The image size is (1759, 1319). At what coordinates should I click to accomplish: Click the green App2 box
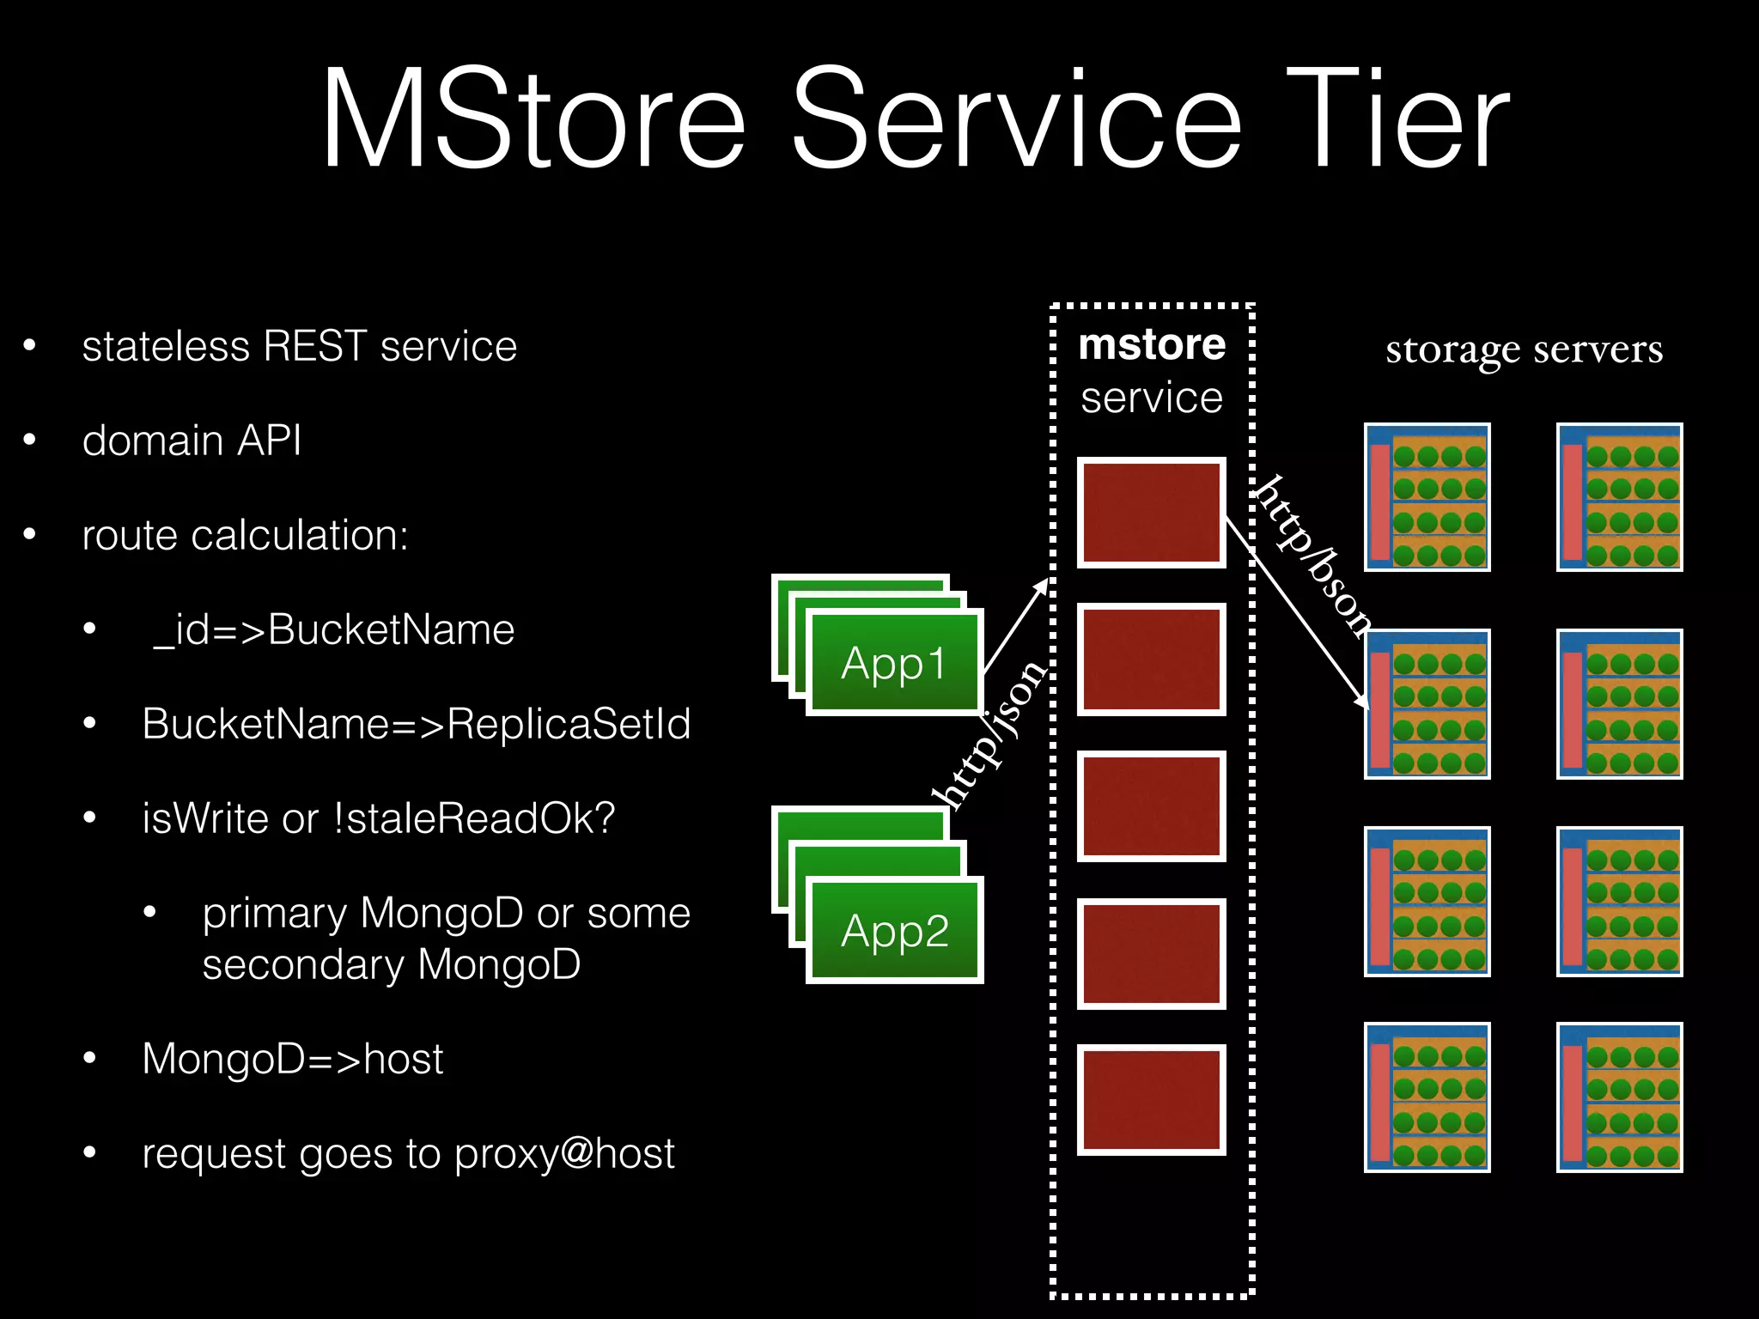894,931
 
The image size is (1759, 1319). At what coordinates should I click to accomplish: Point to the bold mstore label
1151,345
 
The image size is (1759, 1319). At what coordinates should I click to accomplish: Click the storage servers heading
1524,350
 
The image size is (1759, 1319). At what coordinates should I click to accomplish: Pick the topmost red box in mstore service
1151,513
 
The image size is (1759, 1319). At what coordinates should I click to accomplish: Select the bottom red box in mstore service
1151,1100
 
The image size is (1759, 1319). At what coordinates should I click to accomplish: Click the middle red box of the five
1151,806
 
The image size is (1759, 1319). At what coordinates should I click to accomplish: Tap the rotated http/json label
990,734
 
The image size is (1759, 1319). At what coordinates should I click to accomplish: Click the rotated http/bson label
1312,556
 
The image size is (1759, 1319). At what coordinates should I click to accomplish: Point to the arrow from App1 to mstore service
1015,625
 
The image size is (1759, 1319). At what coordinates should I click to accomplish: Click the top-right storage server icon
1619,497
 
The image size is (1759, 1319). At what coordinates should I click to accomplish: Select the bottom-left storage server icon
1427,1097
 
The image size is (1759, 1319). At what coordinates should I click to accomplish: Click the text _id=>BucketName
333,630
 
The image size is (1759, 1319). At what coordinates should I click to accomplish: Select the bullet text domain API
192,441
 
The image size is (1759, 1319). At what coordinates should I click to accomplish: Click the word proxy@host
564,1154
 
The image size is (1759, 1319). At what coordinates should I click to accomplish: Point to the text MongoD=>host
292,1060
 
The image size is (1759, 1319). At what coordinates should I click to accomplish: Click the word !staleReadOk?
474,819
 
